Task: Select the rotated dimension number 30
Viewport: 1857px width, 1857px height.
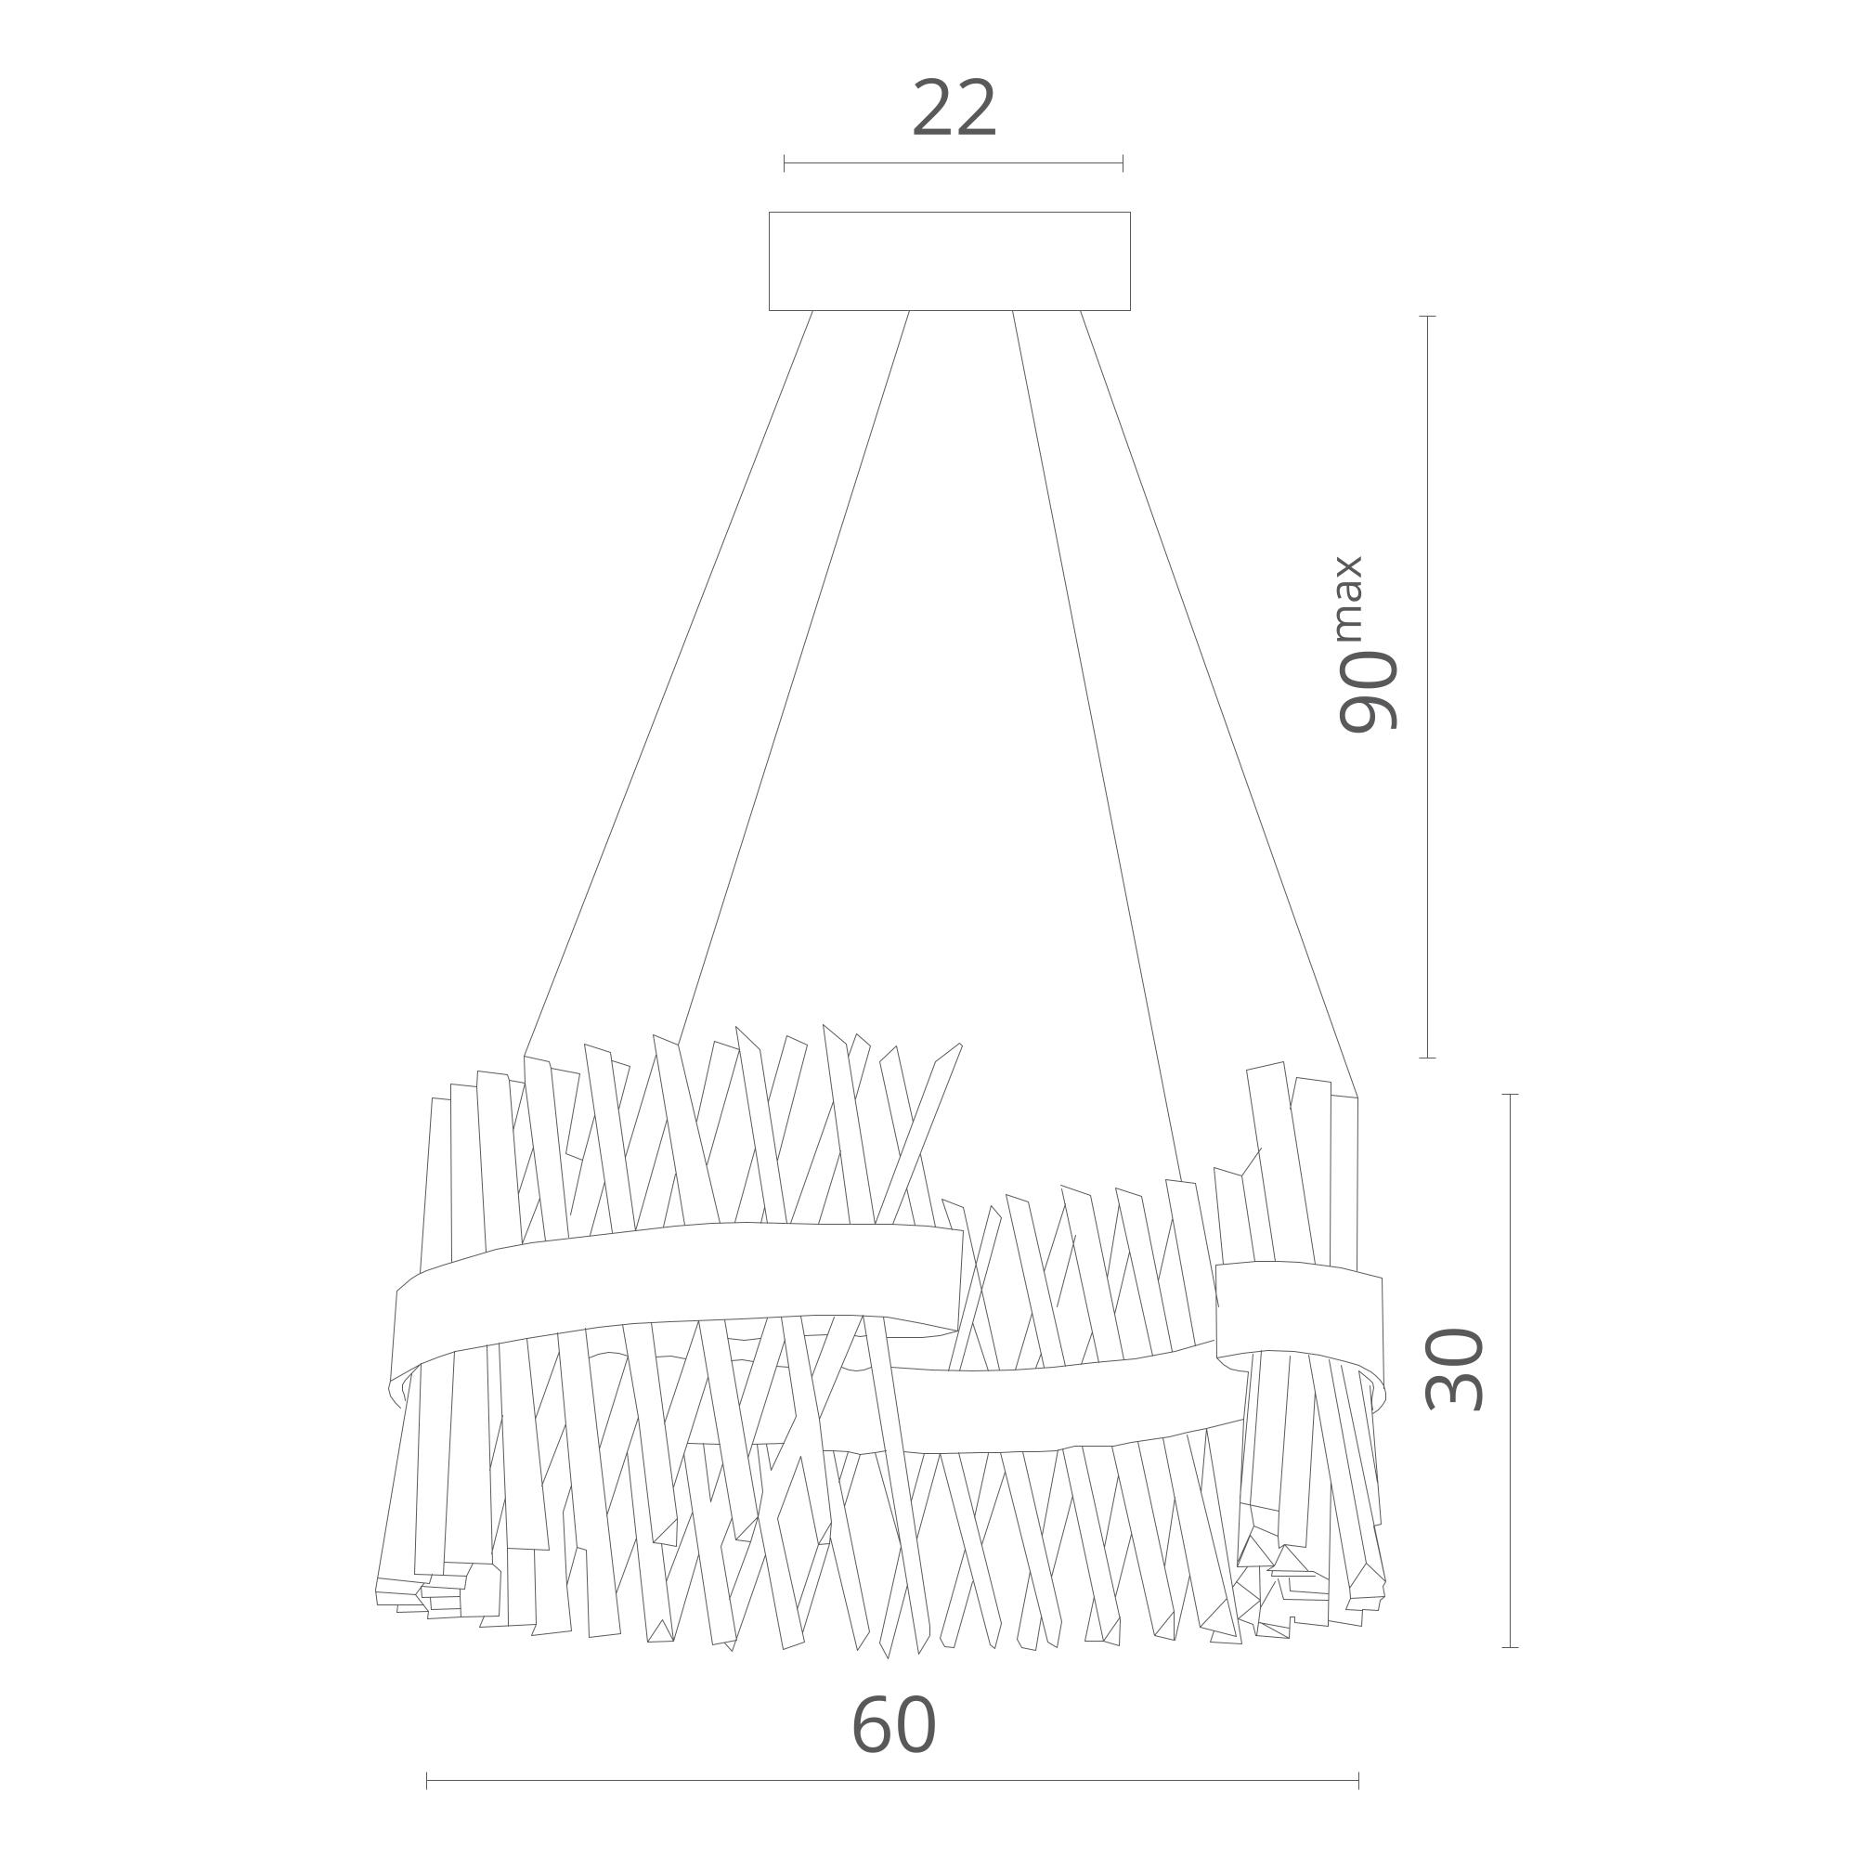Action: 1454,1369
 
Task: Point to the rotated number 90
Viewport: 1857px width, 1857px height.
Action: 1368,691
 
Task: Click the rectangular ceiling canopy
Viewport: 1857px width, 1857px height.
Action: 949,262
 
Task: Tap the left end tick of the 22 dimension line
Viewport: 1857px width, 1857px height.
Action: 785,163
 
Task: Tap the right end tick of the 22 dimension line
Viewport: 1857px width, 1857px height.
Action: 1123,163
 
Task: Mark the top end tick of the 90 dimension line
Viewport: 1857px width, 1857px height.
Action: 1428,317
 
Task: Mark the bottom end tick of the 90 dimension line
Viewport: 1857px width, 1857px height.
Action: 1428,1058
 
